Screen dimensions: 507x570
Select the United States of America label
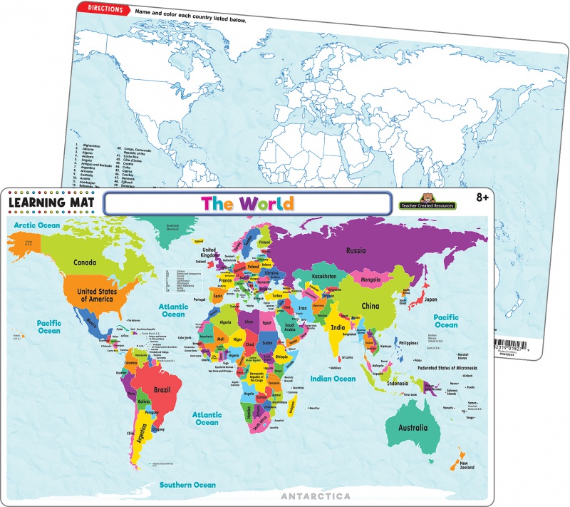(x=97, y=295)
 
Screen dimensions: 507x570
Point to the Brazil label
(x=161, y=391)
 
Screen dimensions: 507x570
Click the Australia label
(x=413, y=428)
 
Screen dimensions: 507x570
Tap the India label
(x=337, y=327)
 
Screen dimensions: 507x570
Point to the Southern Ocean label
(x=187, y=485)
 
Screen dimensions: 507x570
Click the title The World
(x=247, y=203)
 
